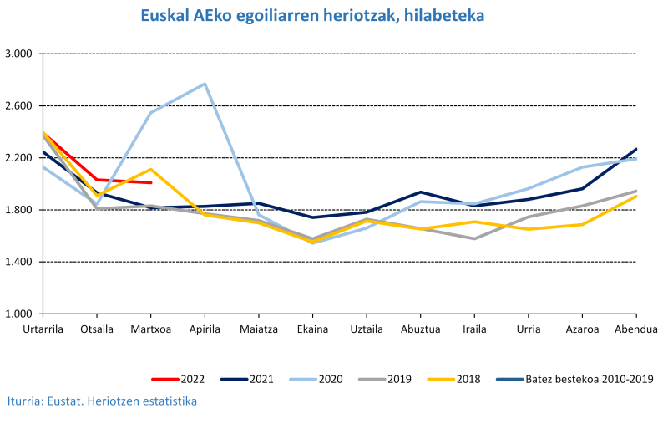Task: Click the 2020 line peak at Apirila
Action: tap(205, 84)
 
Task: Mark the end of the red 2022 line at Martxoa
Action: tap(151, 182)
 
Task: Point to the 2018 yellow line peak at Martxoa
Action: tap(151, 170)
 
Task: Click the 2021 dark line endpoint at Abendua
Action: tap(636, 149)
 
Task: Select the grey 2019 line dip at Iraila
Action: tap(474, 238)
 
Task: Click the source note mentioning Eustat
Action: tap(102, 401)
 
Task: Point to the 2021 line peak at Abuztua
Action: tap(421, 192)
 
